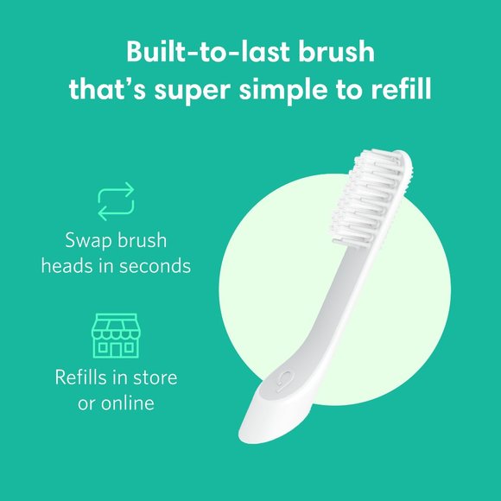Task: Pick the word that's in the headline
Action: point(108,89)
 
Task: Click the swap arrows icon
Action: point(115,200)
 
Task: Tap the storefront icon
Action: point(115,335)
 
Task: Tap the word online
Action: point(127,403)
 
